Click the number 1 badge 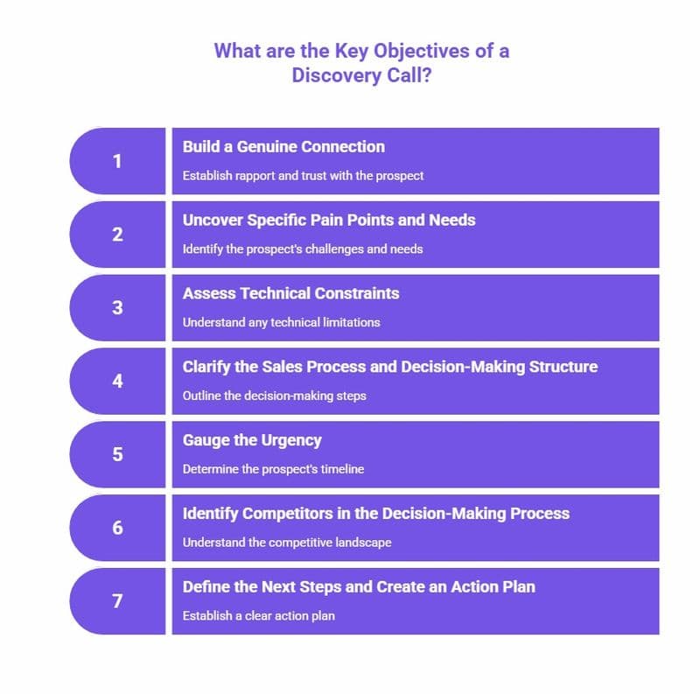point(117,161)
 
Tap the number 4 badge point(117,382)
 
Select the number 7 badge point(117,602)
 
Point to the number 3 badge point(117,308)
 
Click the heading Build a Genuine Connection point(283,147)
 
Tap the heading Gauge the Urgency point(252,440)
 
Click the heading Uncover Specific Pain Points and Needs point(329,220)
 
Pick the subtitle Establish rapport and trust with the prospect point(303,176)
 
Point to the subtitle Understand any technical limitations point(281,322)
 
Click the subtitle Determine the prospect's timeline point(273,469)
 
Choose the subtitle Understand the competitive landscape point(287,543)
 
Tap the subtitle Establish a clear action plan point(258,616)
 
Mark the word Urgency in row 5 point(290,440)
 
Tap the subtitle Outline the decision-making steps point(273,396)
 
